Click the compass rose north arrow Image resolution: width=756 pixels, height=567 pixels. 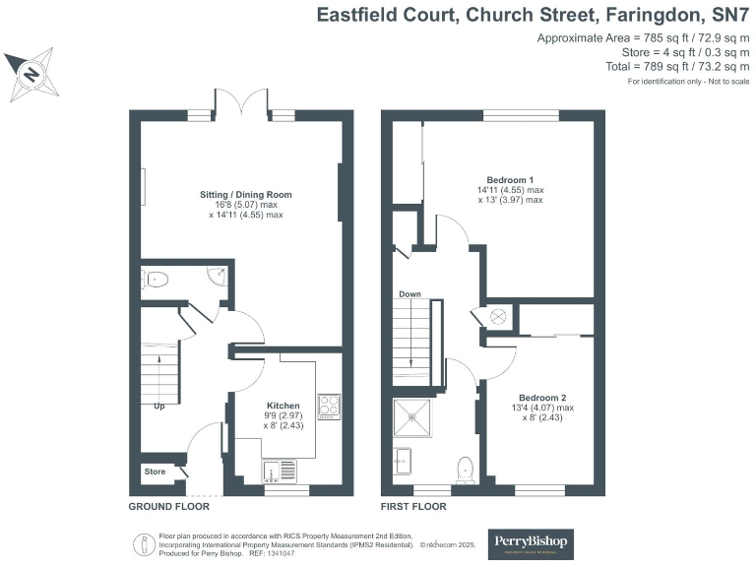[x=31, y=74]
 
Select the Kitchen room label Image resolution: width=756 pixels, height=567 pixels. [x=283, y=406]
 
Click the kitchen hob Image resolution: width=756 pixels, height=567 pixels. [x=328, y=404]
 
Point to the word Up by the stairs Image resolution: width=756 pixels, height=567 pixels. [x=158, y=406]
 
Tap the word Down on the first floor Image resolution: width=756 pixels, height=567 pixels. [x=410, y=294]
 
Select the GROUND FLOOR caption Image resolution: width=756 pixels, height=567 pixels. [x=169, y=507]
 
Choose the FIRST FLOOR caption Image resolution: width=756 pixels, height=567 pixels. [x=413, y=507]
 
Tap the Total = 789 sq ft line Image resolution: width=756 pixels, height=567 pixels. [x=679, y=67]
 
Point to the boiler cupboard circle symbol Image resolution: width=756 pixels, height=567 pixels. [x=498, y=316]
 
